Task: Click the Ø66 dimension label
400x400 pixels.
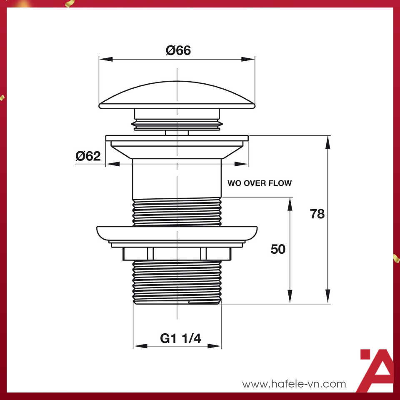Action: point(178,50)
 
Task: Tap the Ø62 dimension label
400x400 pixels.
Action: point(88,156)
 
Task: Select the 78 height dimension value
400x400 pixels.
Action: point(317,214)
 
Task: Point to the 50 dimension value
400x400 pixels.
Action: point(278,249)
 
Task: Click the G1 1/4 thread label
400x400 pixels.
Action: point(180,339)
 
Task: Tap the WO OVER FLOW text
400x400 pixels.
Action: point(259,183)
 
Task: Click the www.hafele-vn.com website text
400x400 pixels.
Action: point(294,384)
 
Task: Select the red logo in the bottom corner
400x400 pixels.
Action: point(377,370)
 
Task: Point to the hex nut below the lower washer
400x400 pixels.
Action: point(177,253)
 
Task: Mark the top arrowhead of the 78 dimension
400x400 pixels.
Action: point(328,142)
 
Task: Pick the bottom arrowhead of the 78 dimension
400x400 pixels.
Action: point(328,297)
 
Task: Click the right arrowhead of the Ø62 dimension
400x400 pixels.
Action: point(242,164)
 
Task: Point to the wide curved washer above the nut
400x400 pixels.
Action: point(177,232)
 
